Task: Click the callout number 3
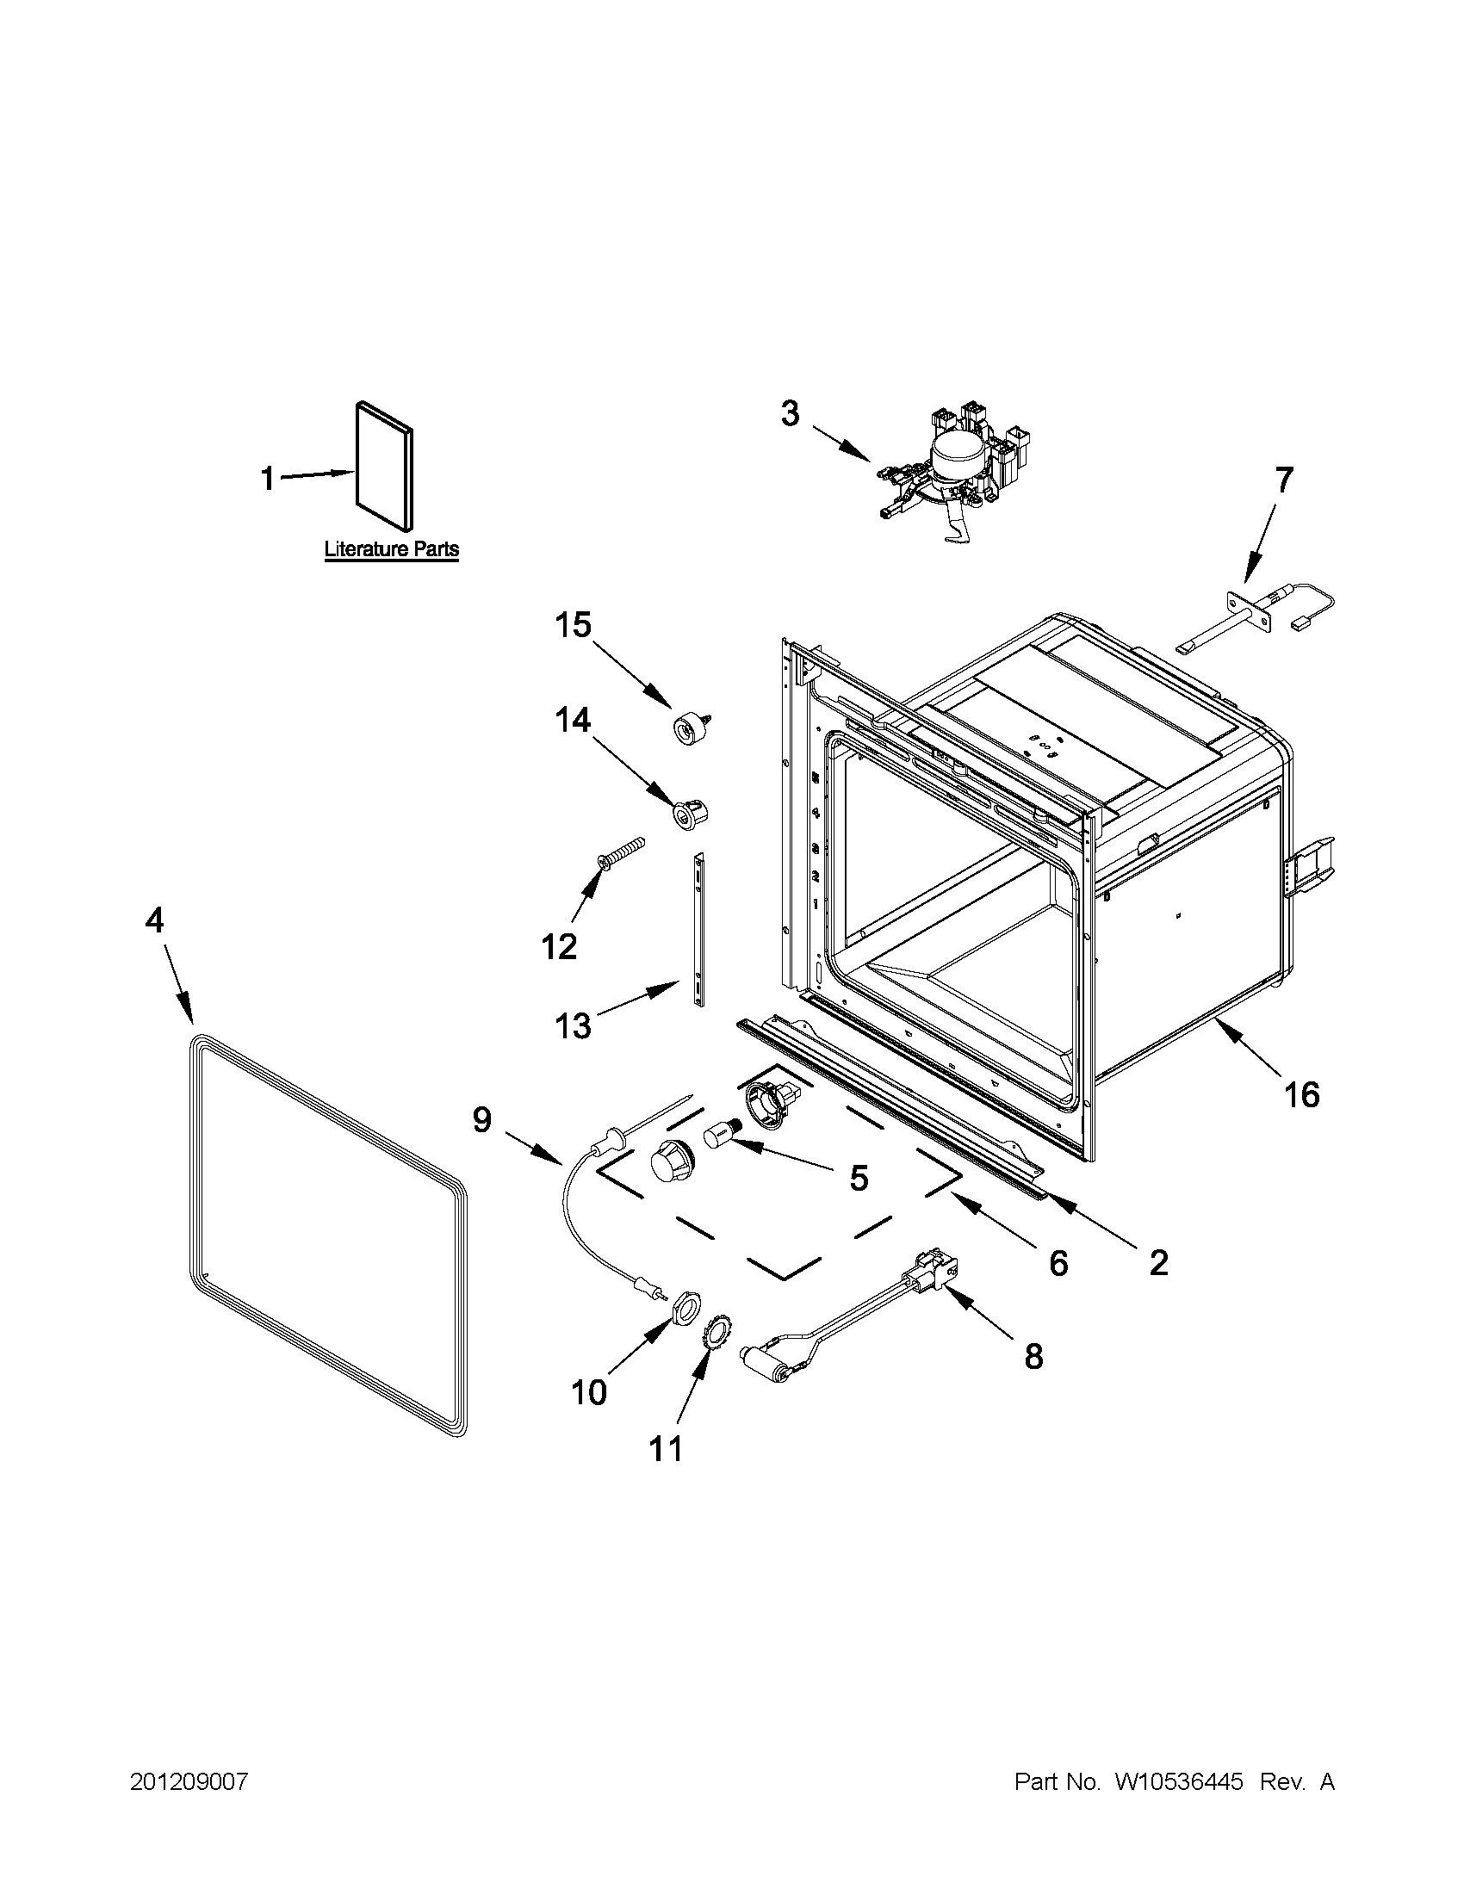coord(790,414)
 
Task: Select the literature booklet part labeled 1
coord(384,465)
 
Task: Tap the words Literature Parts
coord(391,549)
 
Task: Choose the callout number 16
coord(1301,1095)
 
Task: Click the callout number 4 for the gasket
coord(152,921)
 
